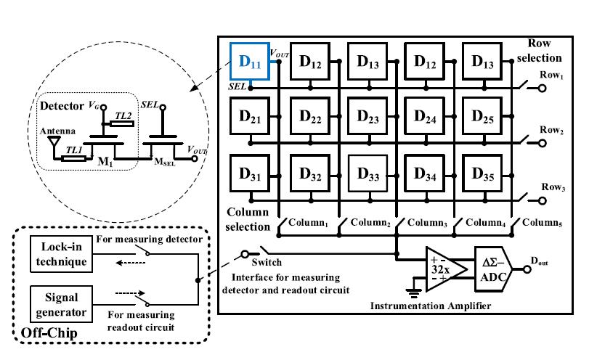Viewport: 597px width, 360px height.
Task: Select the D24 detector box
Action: click(423, 118)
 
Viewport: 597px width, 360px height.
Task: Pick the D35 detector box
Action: click(481, 175)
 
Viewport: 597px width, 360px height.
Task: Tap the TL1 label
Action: click(73, 149)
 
